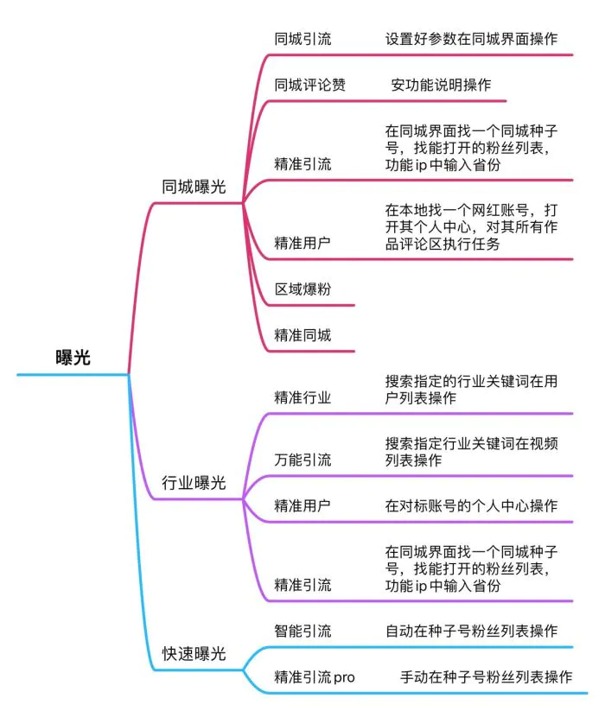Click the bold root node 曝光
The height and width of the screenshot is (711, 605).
point(73,358)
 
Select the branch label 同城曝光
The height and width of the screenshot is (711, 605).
point(194,187)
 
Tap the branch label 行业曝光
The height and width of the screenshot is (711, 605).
point(194,482)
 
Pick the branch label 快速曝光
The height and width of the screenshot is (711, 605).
point(194,653)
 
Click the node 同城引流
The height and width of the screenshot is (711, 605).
point(302,39)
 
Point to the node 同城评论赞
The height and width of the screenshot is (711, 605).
point(309,85)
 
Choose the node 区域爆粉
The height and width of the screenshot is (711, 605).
point(302,289)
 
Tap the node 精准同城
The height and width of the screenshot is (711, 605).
point(302,335)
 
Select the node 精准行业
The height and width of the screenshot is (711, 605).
point(302,397)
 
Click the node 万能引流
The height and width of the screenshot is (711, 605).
point(302,460)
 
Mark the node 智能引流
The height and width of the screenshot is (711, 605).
point(302,631)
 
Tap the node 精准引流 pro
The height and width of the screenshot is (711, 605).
point(315,677)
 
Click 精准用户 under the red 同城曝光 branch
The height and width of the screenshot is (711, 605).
point(302,243)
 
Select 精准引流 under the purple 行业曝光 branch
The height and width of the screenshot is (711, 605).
point(302,585)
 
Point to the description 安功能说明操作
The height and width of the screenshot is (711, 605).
point(441,85)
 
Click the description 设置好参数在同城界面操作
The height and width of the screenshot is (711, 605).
point(471,39)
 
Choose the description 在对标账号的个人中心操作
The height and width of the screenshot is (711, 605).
point(471,505)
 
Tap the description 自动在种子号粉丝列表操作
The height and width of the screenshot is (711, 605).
point(471,631)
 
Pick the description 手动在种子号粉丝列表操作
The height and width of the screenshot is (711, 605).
point(486,677)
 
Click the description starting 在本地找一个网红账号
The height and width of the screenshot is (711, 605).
point(471,226)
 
